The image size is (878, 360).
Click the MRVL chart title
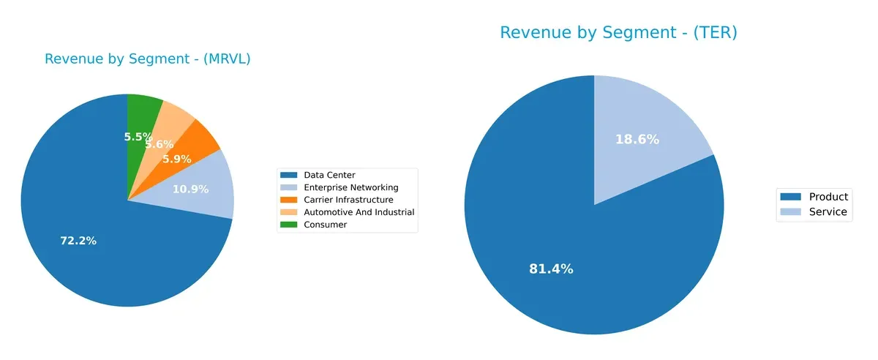tap(147, 59)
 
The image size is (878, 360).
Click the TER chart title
tap(618, 33)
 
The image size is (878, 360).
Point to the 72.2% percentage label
tap(78, 241)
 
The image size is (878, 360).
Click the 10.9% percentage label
tap(190, 190)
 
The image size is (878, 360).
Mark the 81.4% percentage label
tap(551, 269)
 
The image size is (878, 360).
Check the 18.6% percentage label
tap(637, 139)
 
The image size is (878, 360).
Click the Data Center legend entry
tap(329, 175)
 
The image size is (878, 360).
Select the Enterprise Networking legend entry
tap(350, 187)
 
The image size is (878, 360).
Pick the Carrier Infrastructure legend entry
tap(348, 200)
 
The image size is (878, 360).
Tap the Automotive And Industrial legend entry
tap(359, 212)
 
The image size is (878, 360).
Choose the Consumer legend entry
tap(325, 225)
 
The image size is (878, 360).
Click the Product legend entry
tap(828, 197)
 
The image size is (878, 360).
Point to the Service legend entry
tap(828, 212)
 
